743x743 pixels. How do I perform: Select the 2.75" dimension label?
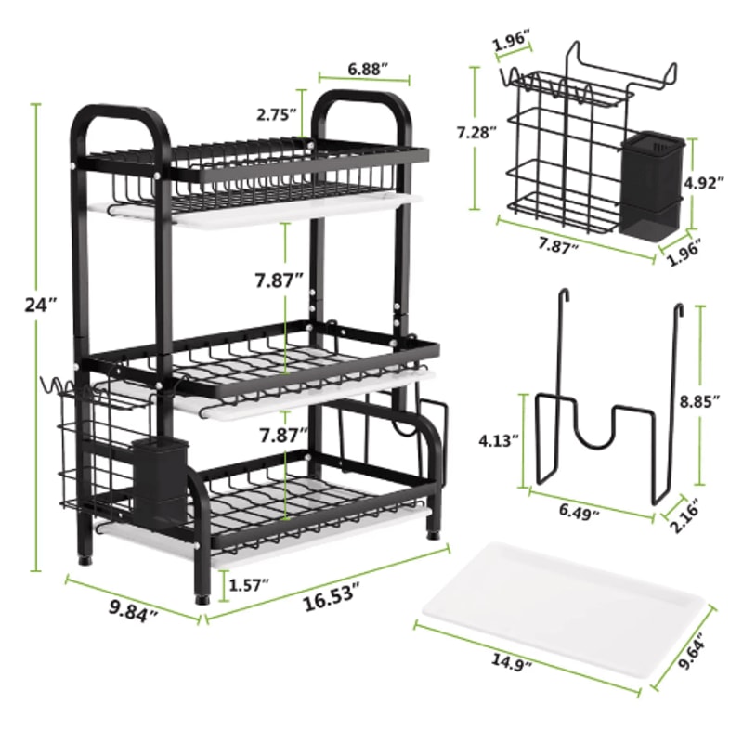pyautogui.click(x=278, y=114)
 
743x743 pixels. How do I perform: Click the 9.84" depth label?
pyautogui.click(x=132, y=612)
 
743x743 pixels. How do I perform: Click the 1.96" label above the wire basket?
pyautogui.click(x=512, y=40)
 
